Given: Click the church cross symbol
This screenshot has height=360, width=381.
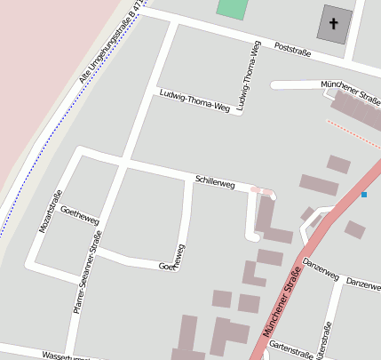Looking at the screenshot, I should pyautogui.click(x=334, y=24).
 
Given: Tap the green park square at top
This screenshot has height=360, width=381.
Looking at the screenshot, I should pyautogui.click(x=232, y=9).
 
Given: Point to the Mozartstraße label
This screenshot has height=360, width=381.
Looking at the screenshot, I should pyautogui.click(x=47, y=212).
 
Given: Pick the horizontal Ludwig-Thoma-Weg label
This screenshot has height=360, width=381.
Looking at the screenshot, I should pyautogui.click(x=194, y=102).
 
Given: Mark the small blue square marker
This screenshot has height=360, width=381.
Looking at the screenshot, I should pyautogui.click(x=364, y=195).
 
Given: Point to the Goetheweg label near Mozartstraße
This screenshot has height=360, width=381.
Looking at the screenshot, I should pyautogui.click(x=79, y=220).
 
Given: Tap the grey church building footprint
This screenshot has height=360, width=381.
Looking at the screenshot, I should pyautogui.click(x=334, y=24).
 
